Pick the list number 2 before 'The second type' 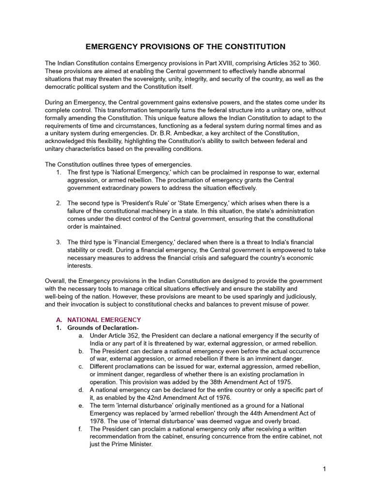[59, 203]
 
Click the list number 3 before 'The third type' [59, 242]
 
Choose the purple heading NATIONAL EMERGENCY [104, 320]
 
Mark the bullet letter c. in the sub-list [81, 366]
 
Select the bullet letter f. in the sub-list [81, 429]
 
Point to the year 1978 [98, 421]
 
